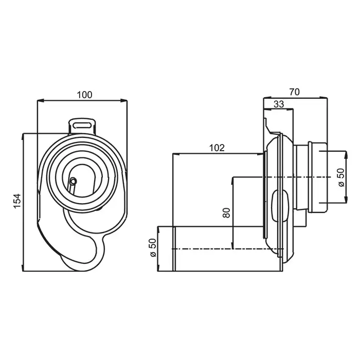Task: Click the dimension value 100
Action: pos(84,95)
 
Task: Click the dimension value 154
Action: pos(17,201)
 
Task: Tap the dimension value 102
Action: pos(217,148)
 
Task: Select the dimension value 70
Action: pos(295,92)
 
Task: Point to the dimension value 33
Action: pos(279,104)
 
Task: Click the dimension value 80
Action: pos(227,212)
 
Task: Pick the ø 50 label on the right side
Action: pos(341,177)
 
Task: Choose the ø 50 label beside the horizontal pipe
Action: pos(153,247)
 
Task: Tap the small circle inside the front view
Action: pos(73,181)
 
